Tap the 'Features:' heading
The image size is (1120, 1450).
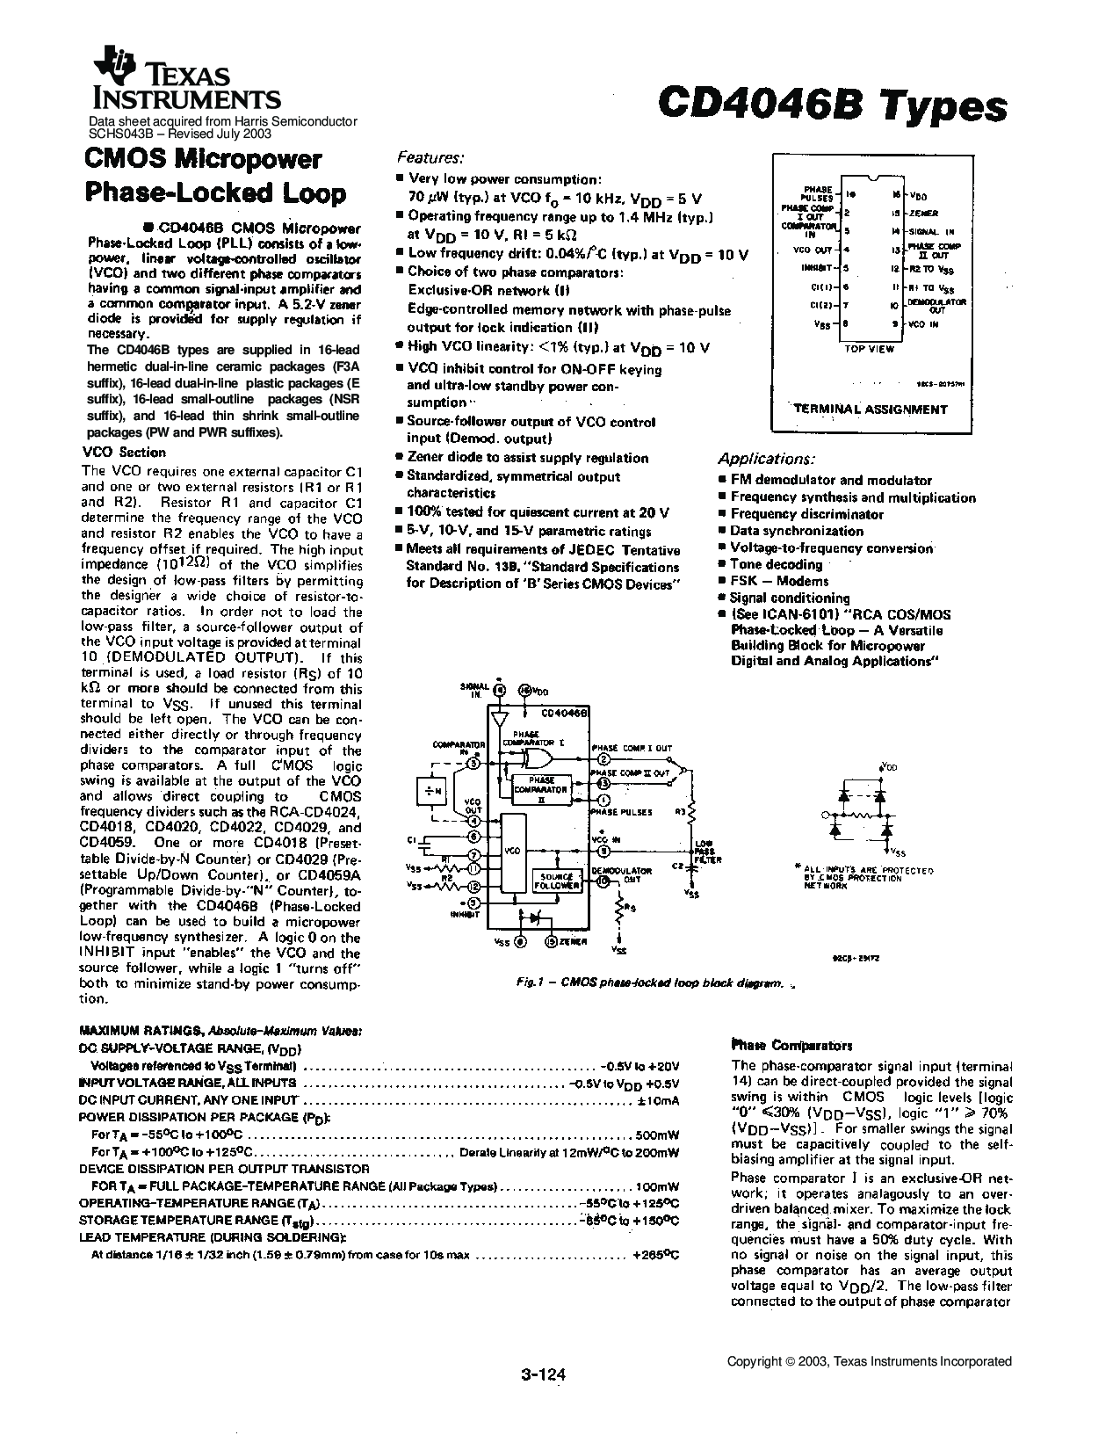click(x=430, y=157)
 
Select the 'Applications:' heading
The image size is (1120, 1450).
click(x=766, y=459)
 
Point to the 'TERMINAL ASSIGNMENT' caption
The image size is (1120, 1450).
click(x=871, y=409)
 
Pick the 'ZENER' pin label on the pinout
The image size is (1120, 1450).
click(x=924, y=214)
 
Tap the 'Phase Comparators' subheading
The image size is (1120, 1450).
click(x=791, y=1046)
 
